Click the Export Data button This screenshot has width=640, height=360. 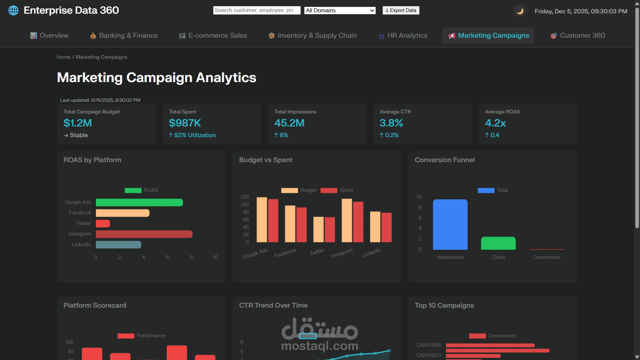coord(401,10)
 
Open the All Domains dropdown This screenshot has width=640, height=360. coord(340,10)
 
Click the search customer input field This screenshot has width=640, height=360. coord(256,10)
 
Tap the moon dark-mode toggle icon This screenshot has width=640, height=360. coord(520,11)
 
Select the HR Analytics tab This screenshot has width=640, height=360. coord(403,36)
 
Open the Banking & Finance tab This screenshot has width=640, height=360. coord(124,36)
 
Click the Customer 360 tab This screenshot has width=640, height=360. coord(578,36)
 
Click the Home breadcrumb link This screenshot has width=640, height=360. coord(64,57)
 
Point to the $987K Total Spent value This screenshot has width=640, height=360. coord(185,123)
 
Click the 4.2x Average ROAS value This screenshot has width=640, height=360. coord(495,123)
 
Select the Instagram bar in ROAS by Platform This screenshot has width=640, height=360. coord(144,234)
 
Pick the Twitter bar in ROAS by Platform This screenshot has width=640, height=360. coord(103,224)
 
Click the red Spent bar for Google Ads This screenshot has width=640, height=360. coord(273,221)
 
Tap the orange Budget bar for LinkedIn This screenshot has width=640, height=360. coord(375,227)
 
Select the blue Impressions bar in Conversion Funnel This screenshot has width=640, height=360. coord(450,224)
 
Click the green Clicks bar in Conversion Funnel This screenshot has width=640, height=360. coord(498,243)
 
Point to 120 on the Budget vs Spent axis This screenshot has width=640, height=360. coord(244,197)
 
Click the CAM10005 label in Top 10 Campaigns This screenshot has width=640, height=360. coord(428,345)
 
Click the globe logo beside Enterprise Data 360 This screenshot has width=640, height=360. coord(13,10)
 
